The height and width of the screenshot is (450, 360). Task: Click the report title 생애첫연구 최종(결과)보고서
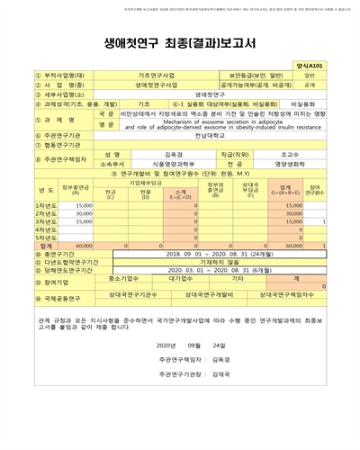tap(179, 39)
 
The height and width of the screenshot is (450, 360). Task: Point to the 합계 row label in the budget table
tap(22, 245)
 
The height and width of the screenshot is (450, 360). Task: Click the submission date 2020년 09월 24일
tap(188, 345)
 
